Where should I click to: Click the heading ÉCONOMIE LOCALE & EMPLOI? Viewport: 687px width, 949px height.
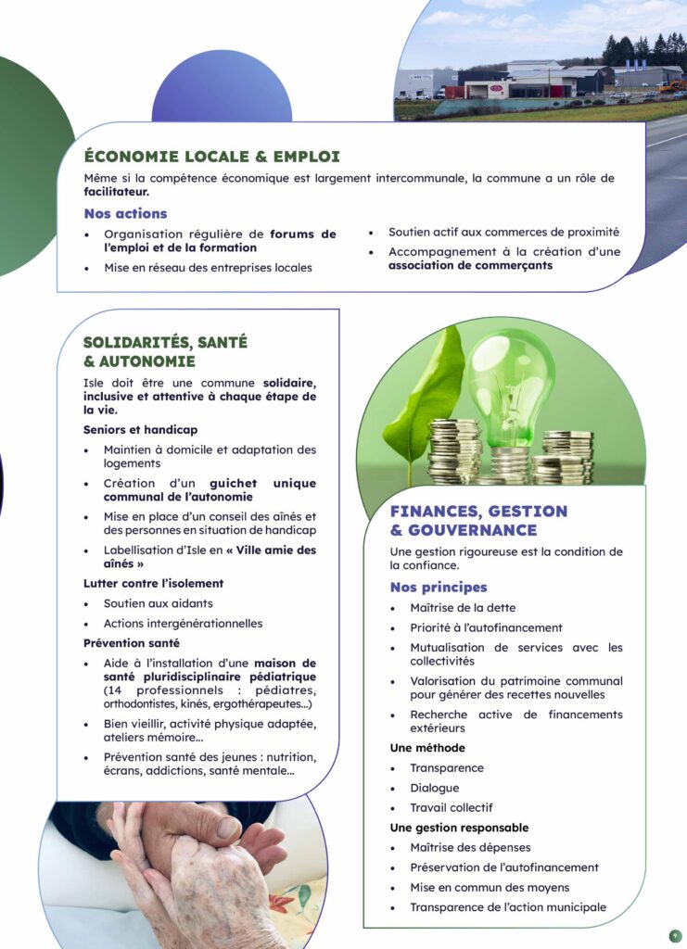click(211, 157)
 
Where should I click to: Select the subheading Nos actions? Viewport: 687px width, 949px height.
click(125, 214)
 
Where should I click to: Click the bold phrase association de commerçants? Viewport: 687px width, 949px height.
click(470, 265)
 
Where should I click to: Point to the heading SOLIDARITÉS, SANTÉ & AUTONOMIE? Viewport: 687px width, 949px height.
click(165, 351)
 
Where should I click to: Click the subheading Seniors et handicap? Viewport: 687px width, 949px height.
click(140, 430)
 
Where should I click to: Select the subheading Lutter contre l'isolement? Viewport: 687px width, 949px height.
click(153, 583)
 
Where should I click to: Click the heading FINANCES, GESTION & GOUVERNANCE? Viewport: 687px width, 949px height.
click(478, 520)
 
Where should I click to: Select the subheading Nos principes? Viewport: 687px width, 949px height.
click(439, 588)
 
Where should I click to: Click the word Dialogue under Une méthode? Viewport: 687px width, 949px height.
click(434, 788)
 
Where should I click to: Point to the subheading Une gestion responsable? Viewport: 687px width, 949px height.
click(459, 828)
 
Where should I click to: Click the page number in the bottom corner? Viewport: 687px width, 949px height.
click(675, 936)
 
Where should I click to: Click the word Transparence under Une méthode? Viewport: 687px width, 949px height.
click(447, 768)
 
